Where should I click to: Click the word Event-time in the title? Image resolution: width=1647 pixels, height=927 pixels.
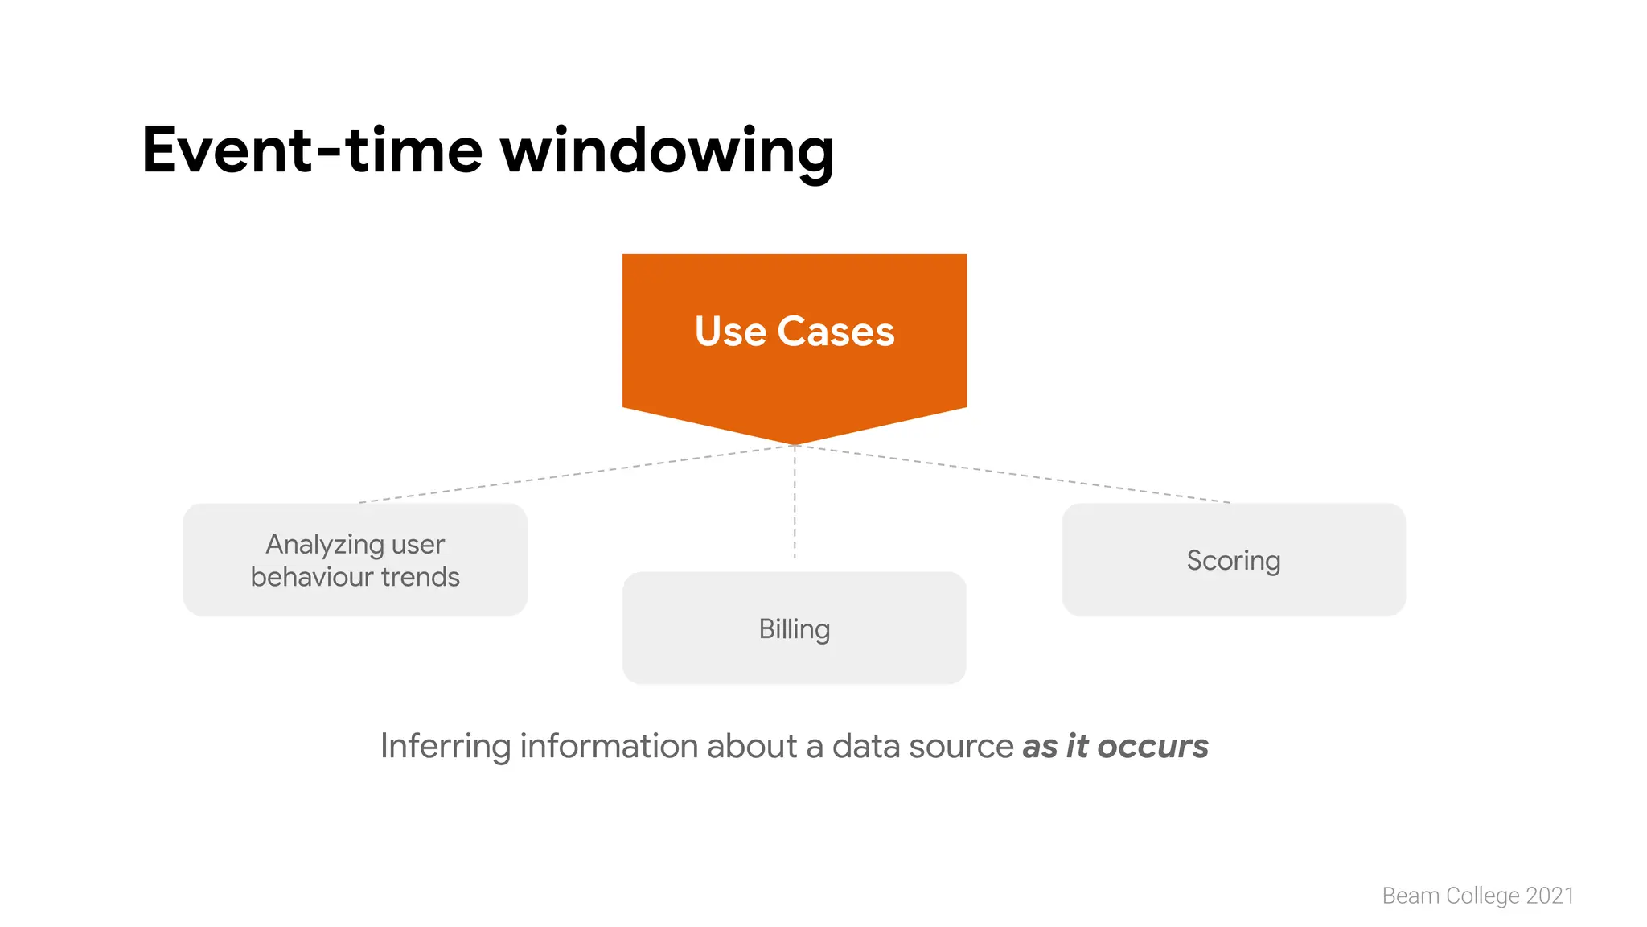coord(311,150)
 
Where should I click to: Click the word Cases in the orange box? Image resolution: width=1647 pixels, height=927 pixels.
coord(836,332)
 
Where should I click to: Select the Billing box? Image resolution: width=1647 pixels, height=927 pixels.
coord(794,628)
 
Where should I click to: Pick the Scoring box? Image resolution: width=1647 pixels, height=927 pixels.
coord(1233,560)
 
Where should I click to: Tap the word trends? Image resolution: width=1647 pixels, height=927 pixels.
coord(420,577)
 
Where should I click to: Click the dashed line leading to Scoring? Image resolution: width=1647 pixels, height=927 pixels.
coord(1013,474)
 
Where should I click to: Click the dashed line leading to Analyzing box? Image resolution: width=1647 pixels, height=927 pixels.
coord(575,474)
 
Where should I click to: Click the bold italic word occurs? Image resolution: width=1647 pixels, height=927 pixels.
coord(1152,747)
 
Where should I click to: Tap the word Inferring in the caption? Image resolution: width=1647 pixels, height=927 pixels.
coord(445,747)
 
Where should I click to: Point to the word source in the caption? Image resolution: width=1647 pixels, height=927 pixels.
coord(961,747)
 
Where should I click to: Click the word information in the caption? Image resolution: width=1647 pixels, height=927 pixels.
coord(609,747)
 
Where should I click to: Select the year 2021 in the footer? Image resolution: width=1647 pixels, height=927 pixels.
coord(1550,896)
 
